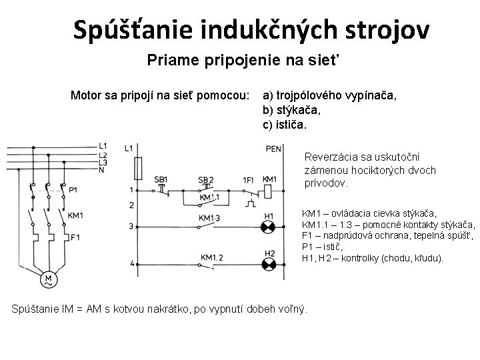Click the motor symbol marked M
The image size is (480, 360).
pos(48,281)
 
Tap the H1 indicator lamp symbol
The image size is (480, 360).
pos(269,227)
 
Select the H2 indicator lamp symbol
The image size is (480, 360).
pos(269,264)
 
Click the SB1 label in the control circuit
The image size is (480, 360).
pos(161,179)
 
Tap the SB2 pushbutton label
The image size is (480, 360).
pos(206,179)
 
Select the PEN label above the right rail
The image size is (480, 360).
pos(273,149)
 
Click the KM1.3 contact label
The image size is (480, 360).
pos(209,218)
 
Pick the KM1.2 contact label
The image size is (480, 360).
pos(211,257)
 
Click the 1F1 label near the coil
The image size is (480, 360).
pos(247,179)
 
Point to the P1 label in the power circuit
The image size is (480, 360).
pos(73,189)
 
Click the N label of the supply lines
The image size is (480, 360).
pos(101,170)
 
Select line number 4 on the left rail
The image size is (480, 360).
pos(131,263)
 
